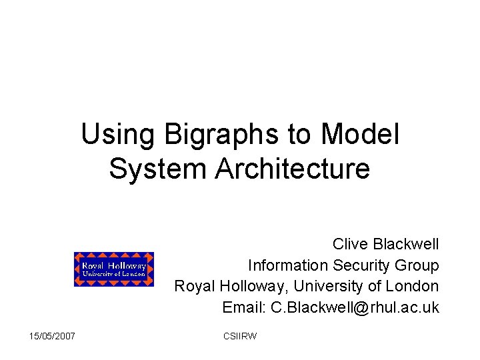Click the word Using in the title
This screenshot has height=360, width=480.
[116, 135]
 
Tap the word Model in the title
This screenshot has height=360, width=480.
[360, 135]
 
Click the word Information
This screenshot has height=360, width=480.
[287, 265]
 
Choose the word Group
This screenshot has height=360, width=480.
[417, 265]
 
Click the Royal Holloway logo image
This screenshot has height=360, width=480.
[114, 269]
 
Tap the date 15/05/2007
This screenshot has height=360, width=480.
[53, 336]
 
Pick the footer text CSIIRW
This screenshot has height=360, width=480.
[240, 336]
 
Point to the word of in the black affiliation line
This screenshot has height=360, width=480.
[375, 287]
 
